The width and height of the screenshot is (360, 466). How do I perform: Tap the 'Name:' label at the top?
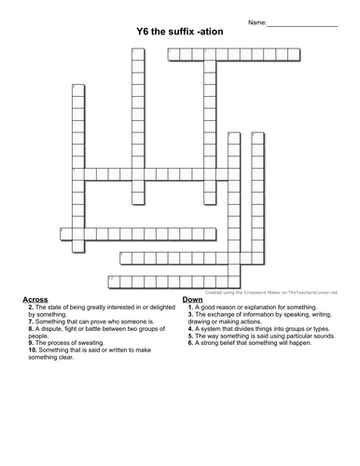coord(256,21)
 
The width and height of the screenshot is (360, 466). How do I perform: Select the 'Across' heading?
coord(35,298)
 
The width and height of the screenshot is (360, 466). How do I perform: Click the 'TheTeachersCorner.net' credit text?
coord(307,291)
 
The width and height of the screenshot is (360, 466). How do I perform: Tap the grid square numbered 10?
coord(113,279)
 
